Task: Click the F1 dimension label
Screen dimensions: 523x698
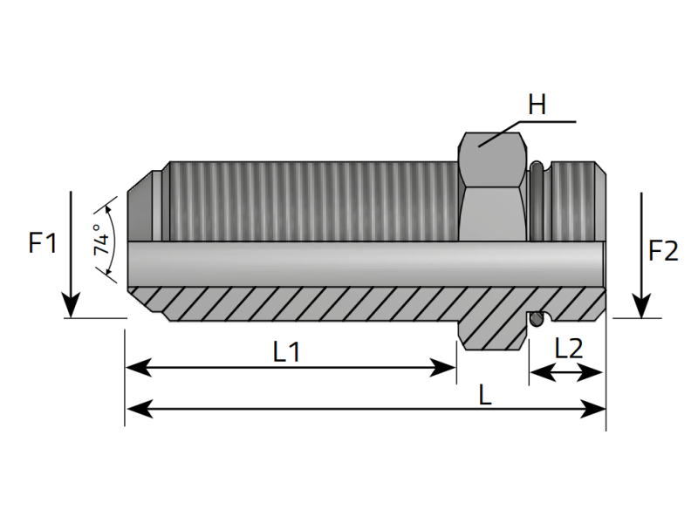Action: pyautogui.click(x=43, y=242)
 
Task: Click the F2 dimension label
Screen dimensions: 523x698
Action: pyautogui.click(x=663, y=252)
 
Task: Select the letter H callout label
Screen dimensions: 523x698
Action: pyautogui.click(x=537, y=105)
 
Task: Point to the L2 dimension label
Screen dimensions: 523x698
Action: pyautogui.click(x=569, y=349)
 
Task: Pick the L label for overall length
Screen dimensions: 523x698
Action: pyautogui.click(x=485, y=394)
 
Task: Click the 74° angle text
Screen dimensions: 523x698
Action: pyautogui.click(x=102, y=240)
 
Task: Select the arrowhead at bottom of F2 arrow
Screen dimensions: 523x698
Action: pyautogui.click(x=641, y=307)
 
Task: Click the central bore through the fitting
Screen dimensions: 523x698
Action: pyautogui.click(x=349, y=261)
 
